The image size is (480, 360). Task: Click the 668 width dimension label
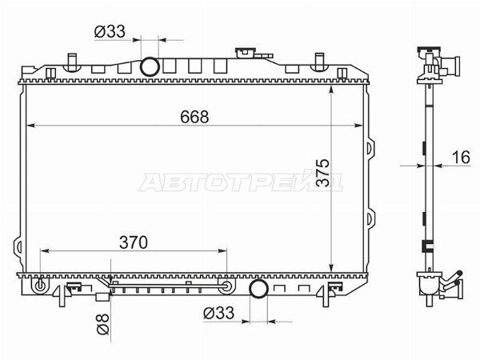click(194, 117)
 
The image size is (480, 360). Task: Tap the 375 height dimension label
click(322, 173)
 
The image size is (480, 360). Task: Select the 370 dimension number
click(134, 242)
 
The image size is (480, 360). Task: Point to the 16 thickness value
click(461, 158)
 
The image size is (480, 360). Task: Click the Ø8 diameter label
click(103, 324)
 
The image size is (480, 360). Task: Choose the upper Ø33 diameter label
click(110, 31)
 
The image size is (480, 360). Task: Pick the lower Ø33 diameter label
click(218, 313)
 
